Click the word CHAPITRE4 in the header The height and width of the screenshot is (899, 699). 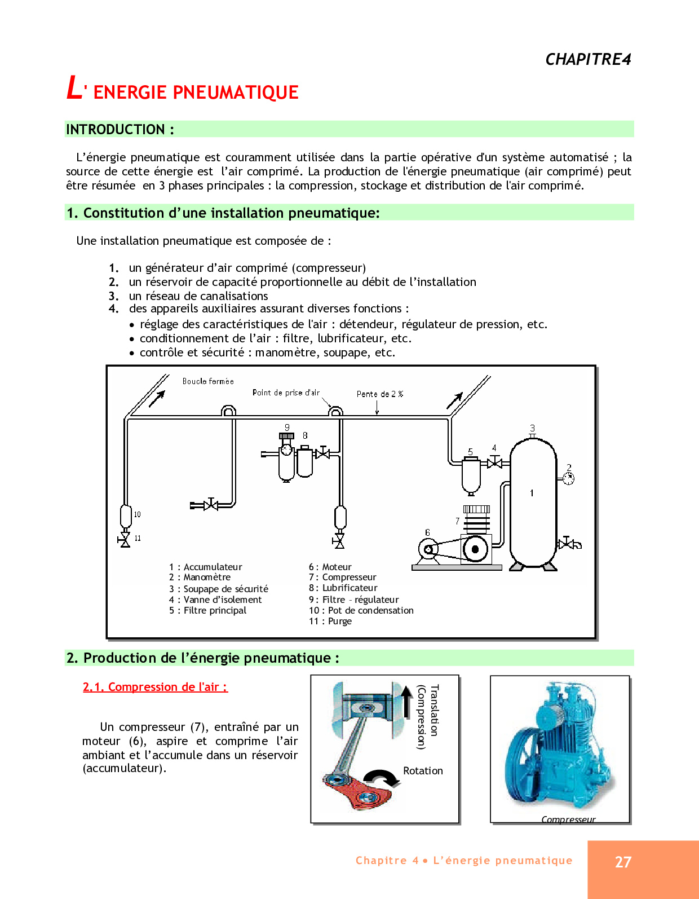[588, 59]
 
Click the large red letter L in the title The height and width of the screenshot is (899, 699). [74, 89]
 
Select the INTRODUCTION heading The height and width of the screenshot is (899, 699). [120, 130]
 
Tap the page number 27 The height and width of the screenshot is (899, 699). [623, 862]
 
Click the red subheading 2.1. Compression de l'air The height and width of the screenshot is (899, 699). [155, 687]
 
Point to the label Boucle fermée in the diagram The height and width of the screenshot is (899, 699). [208, 381]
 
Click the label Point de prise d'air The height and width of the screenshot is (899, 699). [286, 393]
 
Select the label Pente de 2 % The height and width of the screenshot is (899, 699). [380, 394]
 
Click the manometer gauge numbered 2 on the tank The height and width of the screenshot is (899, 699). [568, 478]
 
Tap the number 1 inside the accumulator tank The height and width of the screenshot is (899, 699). [532, 493]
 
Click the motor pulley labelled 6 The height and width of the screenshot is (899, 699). [428, 549]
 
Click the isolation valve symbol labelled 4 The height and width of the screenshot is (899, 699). [494, 463]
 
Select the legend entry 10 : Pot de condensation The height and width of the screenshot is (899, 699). [361, 610]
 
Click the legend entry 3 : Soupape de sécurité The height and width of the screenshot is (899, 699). [219, 589]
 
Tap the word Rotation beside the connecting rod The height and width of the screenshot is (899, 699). [423, 771]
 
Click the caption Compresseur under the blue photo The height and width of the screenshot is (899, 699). [568, 819]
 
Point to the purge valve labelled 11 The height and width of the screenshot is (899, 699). [125, 540]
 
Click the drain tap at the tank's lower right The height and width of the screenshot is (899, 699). [568, 544]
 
